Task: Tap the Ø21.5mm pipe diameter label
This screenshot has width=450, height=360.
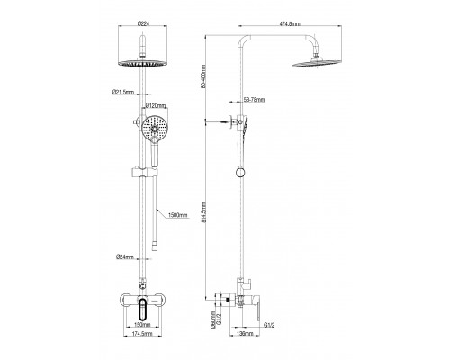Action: (122, 92)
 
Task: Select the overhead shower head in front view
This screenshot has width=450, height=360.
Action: (144, 62)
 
